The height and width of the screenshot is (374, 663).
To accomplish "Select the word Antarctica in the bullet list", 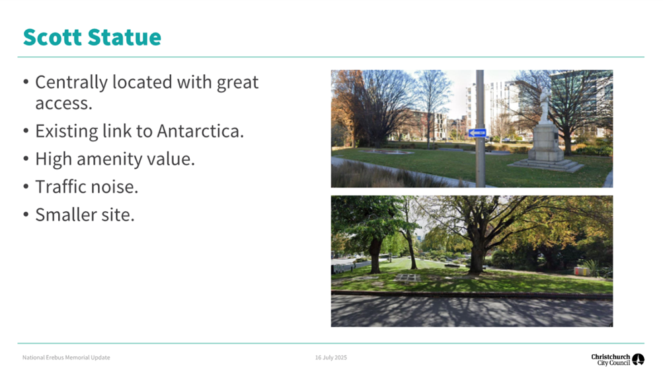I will tap(200, 130).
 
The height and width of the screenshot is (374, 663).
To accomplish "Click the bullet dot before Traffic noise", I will tap(26, 187).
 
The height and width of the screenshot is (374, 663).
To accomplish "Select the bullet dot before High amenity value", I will tap(26, 160).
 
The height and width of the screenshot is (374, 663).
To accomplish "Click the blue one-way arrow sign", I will tap(477, 132).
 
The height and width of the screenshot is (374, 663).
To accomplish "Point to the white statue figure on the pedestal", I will tap(545, 106).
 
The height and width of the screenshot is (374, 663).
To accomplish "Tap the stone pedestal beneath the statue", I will tap(547, 146).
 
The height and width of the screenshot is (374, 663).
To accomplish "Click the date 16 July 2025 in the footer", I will tap(331, 357).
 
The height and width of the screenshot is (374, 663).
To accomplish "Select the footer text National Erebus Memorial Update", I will tap(66, 357).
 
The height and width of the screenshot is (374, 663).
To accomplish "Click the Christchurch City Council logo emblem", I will tap(638, 359).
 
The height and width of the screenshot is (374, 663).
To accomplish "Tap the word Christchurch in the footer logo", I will tap(610, 356).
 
